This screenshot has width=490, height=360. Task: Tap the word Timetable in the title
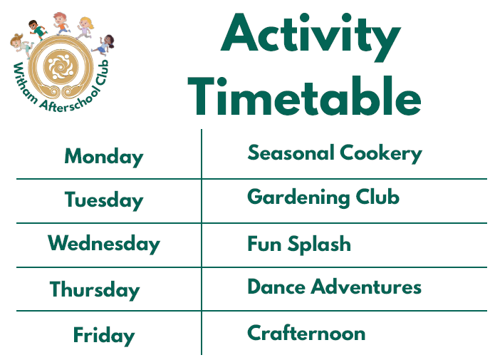[x=304, y=96]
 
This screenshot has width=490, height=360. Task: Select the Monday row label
[x=104, y=158]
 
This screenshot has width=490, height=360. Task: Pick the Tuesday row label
[x=104, y=200]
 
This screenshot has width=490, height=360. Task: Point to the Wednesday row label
[x=104, y=244]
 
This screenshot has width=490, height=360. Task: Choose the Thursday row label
[x=95, y=289]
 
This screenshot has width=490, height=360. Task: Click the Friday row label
[x=104, y=335]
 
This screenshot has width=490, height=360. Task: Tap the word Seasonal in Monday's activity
[x=291, y=153]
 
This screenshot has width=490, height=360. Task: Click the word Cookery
[x=380, y=153]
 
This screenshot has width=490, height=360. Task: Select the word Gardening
[x=298, y=198]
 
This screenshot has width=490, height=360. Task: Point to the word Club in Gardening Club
[x=377, y=197]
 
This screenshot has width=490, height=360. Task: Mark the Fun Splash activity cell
[x=299, y=245]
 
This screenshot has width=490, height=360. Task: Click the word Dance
[x=276, y=287]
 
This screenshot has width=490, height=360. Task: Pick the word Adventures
[x=366, y=287]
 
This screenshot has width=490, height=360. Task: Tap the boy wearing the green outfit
[x=38, y=30]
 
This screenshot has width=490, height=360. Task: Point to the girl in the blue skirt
[x=105, y=46]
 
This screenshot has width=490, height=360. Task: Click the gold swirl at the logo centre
[x=61, y=66]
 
